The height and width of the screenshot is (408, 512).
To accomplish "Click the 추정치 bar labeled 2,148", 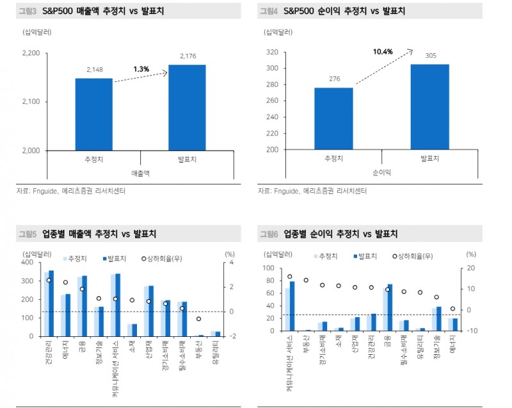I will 94,114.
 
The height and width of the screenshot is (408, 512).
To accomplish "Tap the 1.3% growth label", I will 141,69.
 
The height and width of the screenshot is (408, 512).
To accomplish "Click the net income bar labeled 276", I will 333,118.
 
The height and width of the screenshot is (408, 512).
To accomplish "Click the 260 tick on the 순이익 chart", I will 272,101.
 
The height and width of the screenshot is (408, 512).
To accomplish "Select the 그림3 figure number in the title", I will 26,12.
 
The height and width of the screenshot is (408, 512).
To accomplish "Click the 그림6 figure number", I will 269,234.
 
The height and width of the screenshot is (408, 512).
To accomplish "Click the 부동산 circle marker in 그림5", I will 198,318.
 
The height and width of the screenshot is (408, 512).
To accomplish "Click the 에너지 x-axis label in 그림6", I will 453,345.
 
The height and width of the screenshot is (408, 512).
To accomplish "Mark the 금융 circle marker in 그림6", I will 388,290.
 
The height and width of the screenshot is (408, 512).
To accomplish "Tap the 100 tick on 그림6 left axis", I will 269,268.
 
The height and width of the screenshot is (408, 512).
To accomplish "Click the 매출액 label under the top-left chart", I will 140,173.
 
